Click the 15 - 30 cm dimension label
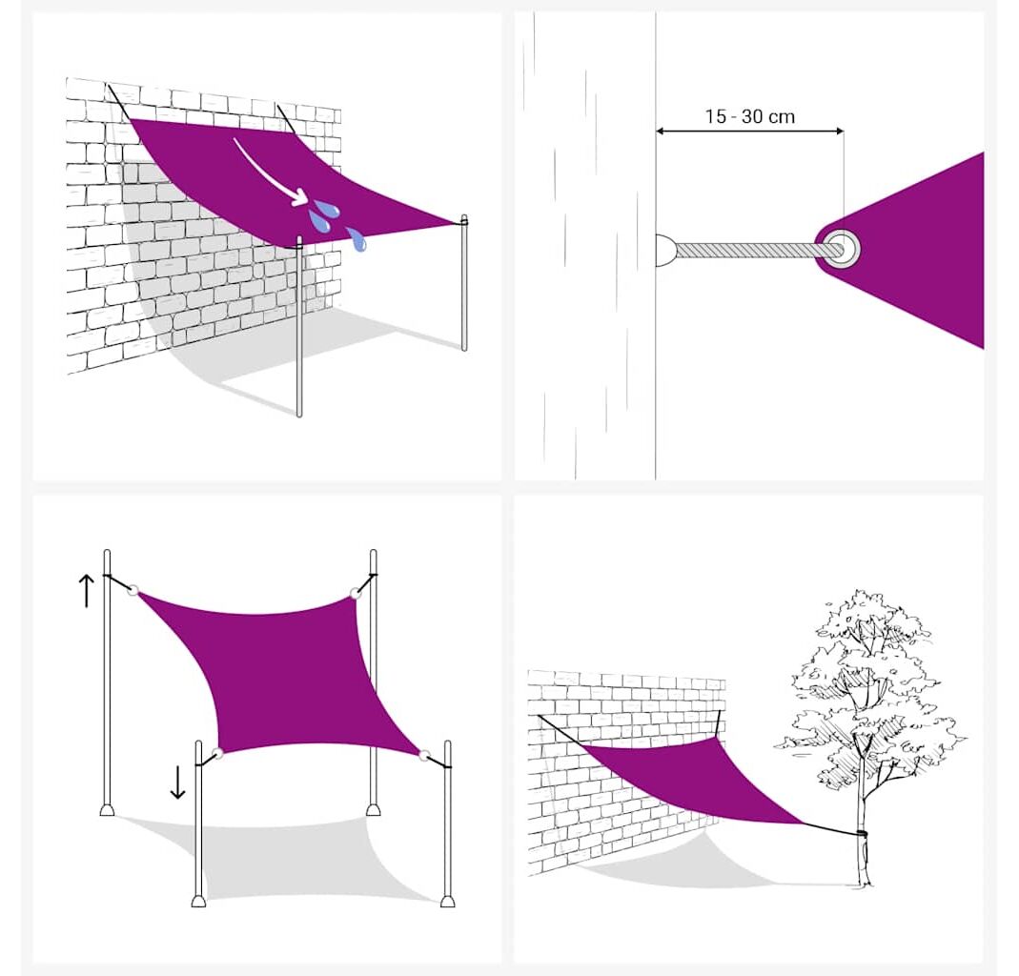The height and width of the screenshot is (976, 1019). click(750, 117)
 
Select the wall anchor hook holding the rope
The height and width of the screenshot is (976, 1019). click(665, 250)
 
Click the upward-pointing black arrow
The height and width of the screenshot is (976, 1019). click(87, 591)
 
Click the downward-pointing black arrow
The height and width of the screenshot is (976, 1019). click(177, 782)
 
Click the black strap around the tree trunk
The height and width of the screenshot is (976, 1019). click(863, 833)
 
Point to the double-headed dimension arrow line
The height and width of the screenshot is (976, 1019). click(749, 132)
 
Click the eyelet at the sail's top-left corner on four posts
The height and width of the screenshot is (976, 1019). click(133, 591)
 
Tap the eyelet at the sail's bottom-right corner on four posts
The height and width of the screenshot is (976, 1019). click(424, 756)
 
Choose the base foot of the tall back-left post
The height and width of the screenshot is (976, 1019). click(107, 809)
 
